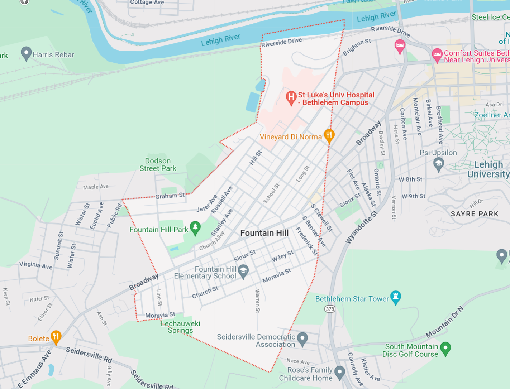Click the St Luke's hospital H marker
pyautogui.click(x=291, y=97)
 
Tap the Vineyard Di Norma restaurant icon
pyautogui.click(x=329, y=135)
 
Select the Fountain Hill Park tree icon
pyautogui.click(x=195, y=227)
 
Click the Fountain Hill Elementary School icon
pyautogui.click(x=243, y=271)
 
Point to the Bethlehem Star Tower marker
pyautogui.click(x=395, y=297)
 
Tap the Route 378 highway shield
pyautogui.click(x=330, y=309)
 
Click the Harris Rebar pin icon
pyautogui.click(x=26, y=53)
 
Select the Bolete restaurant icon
pyautogui.click(x=56, y=337)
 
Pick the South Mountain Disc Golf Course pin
pyautogui.click(x=445, y=348)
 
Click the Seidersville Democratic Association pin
pyautogui.click(x=302, y=338)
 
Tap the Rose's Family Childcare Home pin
pyautogui.click(x=339, y=373)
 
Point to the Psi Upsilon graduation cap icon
pyautogui.click(x=438, y=164)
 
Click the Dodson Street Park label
pyautogui.click(x=158, y=165)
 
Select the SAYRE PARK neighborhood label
pyautogui.click(x=475, y=214)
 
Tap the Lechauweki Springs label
pyautogui.click(x=180, y=327)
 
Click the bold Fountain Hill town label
pyautogui.click(x=264, y=233)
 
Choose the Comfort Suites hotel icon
pyautogui.click(x=437, y=55)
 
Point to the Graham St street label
pyautogui.click(x=170, y=196)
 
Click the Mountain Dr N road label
pyautogui.click(x=444, y=322)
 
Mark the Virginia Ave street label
pyautogui.click(x=36, y=265)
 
